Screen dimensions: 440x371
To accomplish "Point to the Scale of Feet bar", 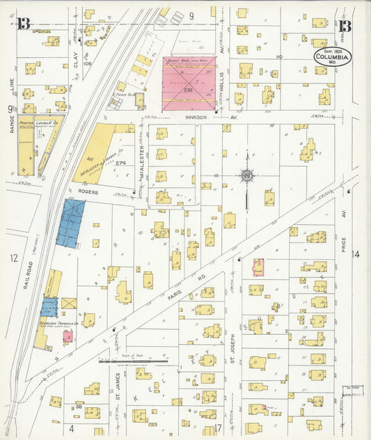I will coord(133,361).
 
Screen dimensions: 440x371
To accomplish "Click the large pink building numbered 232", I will coord(189,84).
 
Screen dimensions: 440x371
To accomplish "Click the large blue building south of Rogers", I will coord(70,223).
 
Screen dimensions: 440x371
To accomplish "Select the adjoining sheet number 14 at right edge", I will coord(355,255).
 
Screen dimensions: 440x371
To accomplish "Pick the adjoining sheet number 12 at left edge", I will coord(13,258).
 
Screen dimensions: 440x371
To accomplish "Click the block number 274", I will coord(120,163).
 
